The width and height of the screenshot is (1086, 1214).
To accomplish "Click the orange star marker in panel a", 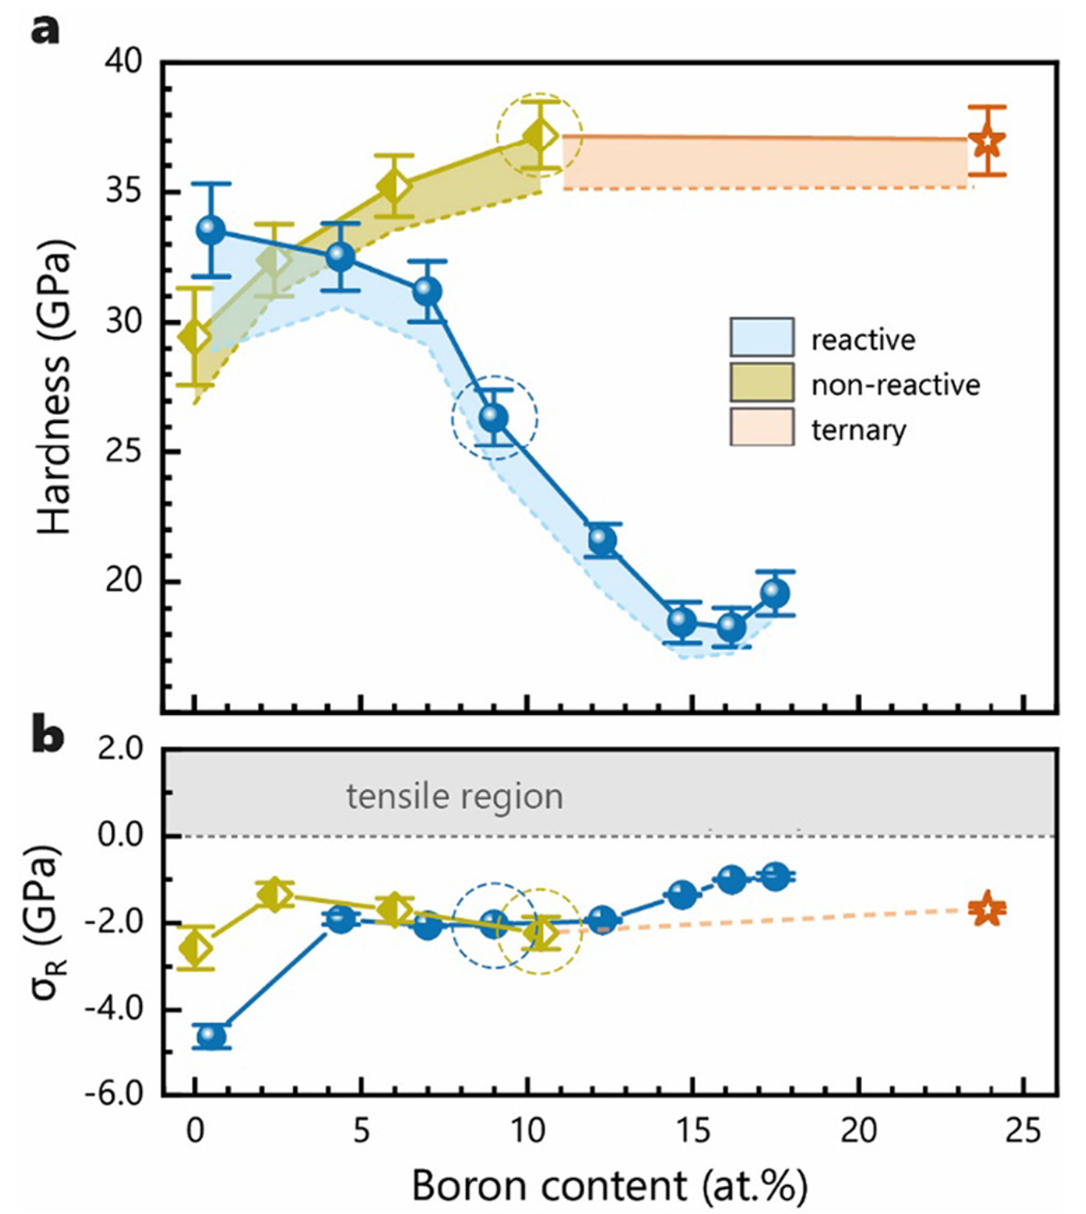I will pyautogui.click(x=987, y=142).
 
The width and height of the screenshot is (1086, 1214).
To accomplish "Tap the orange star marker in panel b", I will pyautogui.click(x=987, y=909).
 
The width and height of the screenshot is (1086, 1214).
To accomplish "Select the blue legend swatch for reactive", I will pyautogui.click(x=762, y=338).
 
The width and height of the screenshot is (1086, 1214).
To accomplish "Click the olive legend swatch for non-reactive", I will pyautogui.click(x=762, y=383).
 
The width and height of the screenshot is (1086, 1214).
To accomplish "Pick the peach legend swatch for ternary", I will pyautogui.click(x=762, y=428).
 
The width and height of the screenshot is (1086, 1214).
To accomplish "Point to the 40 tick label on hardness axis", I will pyautogui.click(x=124, y=62).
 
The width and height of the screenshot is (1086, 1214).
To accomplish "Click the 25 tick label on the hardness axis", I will pyautogui.click(x=124, y=452).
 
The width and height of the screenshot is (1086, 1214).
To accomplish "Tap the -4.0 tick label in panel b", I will pyautogui.click(x=116, y=1008).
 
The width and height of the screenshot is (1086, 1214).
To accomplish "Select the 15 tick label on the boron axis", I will pyautogui.click(x=693, y=1131).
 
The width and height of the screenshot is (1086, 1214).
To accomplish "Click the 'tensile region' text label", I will pyautogui.click(x=454, y=797).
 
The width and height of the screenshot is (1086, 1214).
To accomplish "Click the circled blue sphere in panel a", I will pyautogui.click(x=494, y=417).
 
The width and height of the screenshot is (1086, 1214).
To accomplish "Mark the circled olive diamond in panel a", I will pyautogui.click(x=540, y=136).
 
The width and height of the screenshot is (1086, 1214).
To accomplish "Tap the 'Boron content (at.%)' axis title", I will pyautogui.click(x=610, y=1186).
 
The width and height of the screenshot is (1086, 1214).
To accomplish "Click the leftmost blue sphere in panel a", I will pyautogui.click(x=211, y=230).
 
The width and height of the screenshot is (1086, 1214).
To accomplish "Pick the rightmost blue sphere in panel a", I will pyautogui.click(x=775, y=593).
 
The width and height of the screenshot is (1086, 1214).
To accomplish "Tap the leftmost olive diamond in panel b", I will pyautogui.click(x=195, y=948).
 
